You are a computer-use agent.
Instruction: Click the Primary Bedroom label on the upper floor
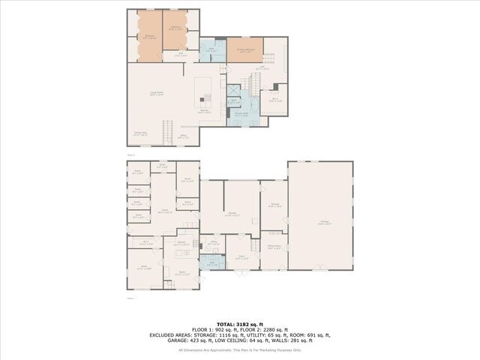coord(244,50)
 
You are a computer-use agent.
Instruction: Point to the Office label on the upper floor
coord(183,136)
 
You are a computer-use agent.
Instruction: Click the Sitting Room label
coord(274,246)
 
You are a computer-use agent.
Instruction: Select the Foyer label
coord(241,258)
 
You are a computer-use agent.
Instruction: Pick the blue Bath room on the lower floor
coord(213,263)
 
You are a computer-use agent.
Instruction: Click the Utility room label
coord(213,243)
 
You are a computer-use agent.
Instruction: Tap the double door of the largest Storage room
coord(321,268)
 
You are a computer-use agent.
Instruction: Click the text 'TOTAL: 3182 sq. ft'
coord(239,323)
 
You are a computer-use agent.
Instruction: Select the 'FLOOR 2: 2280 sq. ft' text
coord(271,329)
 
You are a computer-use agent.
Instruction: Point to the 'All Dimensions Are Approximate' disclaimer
coord(239,349)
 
